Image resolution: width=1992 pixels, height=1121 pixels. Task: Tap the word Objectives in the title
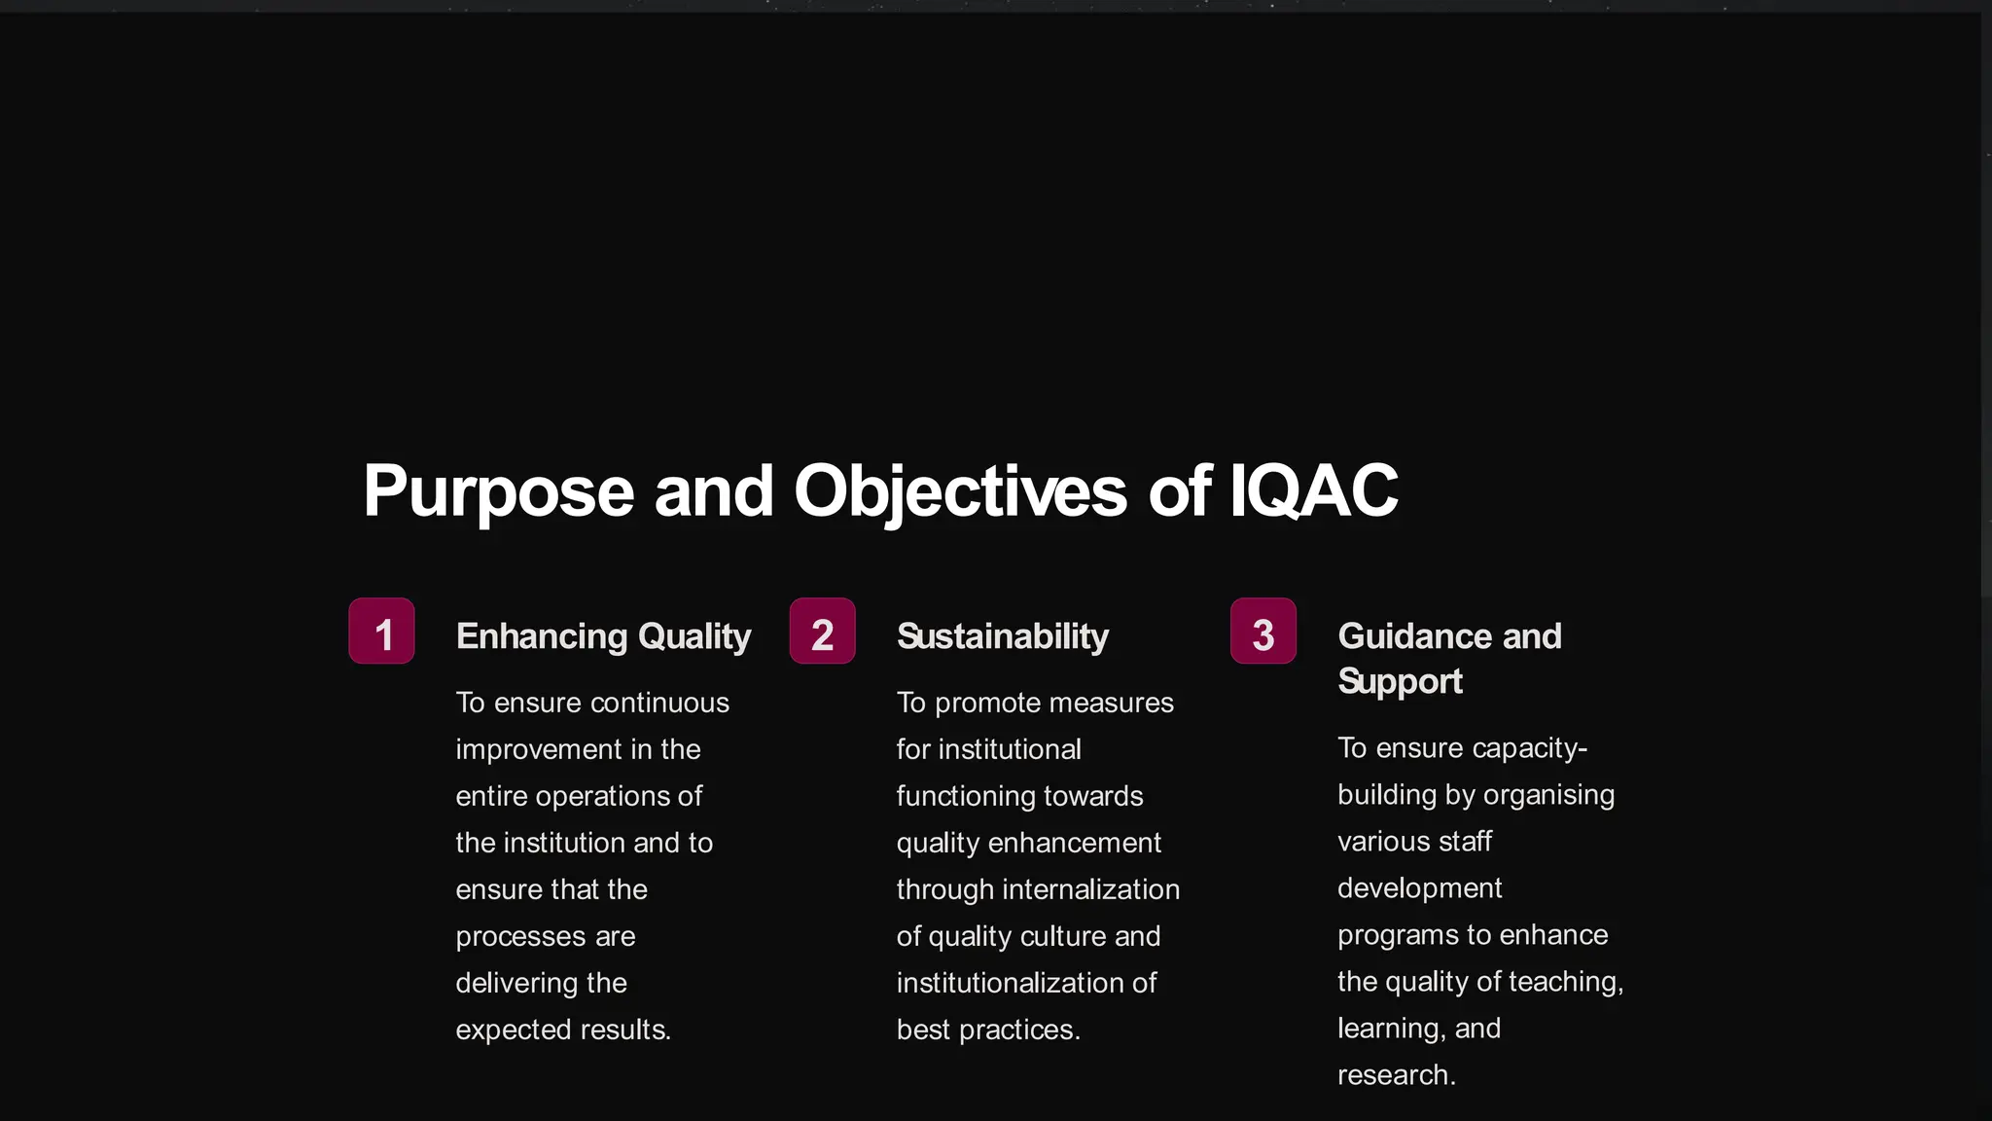960,492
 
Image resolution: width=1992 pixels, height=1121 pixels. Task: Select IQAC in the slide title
1313,490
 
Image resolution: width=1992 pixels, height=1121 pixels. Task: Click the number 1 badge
382,632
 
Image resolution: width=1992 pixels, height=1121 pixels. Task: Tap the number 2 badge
823,632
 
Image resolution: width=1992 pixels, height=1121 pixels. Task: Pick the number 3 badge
1263,632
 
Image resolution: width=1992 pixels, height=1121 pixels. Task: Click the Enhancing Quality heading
603,636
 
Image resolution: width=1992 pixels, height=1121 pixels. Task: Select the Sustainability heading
1002,636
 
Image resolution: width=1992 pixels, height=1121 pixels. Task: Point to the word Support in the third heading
1400,682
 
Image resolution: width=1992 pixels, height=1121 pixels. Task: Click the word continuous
660,703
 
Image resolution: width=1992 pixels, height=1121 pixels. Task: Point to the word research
1396,1075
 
